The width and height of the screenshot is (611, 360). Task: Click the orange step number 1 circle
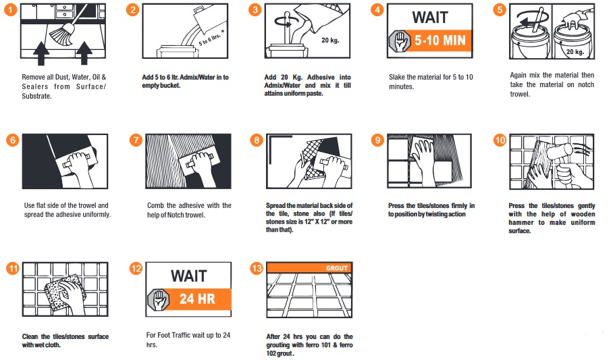coord(11,9)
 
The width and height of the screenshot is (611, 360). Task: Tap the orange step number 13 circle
coord(257,268)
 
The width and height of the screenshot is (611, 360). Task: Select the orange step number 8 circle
coord(257,140)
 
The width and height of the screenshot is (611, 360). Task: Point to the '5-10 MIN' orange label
coord(440,40)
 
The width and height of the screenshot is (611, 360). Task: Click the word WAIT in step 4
coord(430,18)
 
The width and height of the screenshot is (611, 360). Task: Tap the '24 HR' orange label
coord(197,299)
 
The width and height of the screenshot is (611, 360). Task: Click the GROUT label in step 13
coord(337,268)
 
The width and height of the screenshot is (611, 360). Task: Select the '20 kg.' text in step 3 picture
coord(330,40)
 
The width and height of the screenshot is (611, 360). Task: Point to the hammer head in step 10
coord(560,151)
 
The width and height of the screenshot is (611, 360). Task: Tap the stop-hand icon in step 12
coord(159,299)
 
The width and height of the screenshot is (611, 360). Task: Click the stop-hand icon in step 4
coord(400,41)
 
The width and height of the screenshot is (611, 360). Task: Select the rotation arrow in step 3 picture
coord(288,22)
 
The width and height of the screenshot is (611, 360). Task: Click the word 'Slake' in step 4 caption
coord(397,77)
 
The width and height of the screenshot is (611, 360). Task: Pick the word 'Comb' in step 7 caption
coord(155,205)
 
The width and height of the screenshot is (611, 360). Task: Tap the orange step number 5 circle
coord(500,9)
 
